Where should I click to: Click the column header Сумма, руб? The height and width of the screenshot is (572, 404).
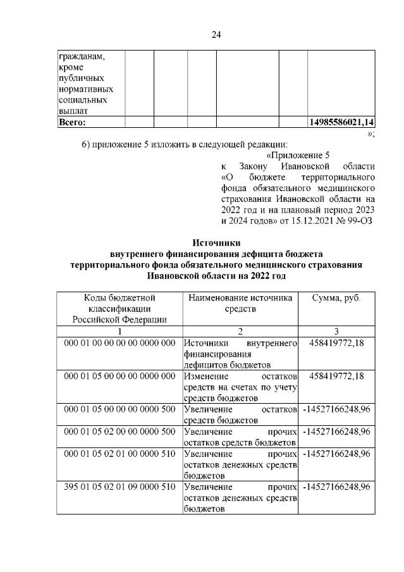[336, 297]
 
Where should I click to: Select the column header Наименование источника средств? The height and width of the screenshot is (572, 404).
[240, 302]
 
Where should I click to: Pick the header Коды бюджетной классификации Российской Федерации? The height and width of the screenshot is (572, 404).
[119, 308]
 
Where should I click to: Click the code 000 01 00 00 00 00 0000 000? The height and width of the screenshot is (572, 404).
[119, 343]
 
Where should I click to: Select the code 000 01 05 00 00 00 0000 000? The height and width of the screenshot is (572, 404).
[119, 376]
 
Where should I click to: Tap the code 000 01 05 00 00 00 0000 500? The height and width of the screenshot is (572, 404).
[119, 409]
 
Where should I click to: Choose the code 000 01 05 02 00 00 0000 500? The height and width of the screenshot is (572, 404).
[119, 432]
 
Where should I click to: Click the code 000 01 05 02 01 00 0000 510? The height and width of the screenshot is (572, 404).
[119, 453]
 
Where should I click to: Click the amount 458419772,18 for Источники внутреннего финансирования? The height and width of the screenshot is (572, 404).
[337, 343]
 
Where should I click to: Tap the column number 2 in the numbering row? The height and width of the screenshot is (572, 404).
[240, 331]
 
